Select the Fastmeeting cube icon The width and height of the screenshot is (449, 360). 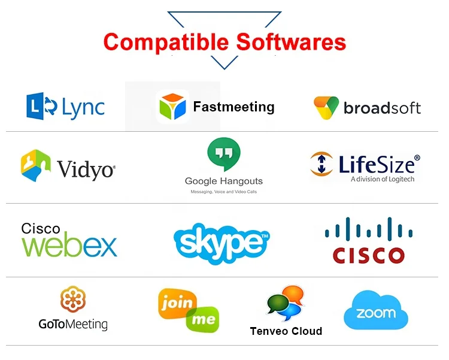pyautogui.click(x=172, y=107)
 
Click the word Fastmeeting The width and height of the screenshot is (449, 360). pyautogui.click(x=233, y=107)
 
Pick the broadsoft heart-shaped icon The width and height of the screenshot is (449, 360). pyautogui.click(x=326, y=108)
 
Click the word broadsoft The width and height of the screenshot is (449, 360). pyautogui.click(x=382, y=108)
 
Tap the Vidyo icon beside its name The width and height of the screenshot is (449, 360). pyautogui.click(x=35, y=165)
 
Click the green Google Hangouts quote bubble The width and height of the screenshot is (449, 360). pyautogui.click(x=223, y=155)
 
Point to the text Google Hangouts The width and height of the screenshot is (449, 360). pyautogui.click(x=223, y=181)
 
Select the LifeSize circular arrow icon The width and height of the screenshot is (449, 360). pyautogui.click(x=322, y=164)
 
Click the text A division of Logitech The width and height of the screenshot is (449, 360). pyautogui.click(x=382, y=179)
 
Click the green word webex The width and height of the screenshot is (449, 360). pyautogui.click(x=69, y=245)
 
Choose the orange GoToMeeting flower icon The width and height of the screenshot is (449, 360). pyautogui.click(x=72, y=300)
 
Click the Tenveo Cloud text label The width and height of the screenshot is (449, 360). pyautogui.click(x=286, y=331)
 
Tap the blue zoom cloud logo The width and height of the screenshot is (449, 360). pyautogui.click(x=376, y=311)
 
